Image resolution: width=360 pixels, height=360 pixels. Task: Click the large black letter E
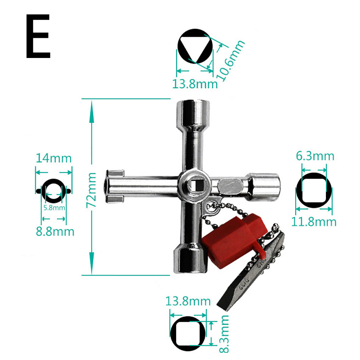[x=38, y=37]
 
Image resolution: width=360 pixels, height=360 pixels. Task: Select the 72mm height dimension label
[x=92, y=190]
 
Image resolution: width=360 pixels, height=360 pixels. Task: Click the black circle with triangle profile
[x=195, y=46]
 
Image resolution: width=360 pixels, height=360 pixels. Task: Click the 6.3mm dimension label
[x=315, y=156]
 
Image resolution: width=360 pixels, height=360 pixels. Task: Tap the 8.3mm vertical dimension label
[x=224, y=335]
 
